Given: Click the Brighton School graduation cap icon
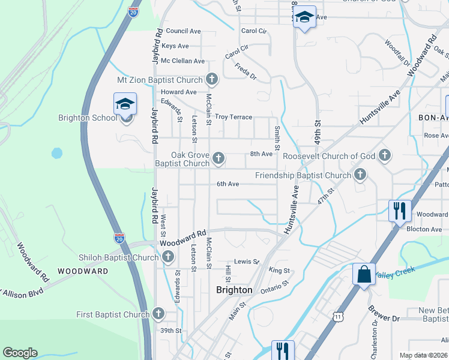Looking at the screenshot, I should [125, 104].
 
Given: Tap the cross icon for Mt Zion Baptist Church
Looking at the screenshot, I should [211, 79].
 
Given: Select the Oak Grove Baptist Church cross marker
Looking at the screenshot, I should [219, 158].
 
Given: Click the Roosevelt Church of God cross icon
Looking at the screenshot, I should [385, 156].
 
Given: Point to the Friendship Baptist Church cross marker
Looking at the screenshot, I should [360, 175].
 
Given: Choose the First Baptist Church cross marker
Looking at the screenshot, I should [158, 314].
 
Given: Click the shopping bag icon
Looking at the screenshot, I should [364, 275].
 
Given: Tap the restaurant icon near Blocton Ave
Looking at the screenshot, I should [400, 211].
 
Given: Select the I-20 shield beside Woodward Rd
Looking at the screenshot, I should [120, 238].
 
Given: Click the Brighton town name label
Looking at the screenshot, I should [234, 290].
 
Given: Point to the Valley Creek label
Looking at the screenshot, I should [395, 271].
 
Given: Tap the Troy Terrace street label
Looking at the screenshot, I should [234, 117].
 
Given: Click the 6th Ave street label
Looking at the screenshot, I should [228, 184].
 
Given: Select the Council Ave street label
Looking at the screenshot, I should [183, 31].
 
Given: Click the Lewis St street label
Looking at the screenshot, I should [246, 262].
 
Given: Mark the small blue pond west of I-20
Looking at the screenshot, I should [57, 153].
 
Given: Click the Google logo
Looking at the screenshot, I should [20, 353].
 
